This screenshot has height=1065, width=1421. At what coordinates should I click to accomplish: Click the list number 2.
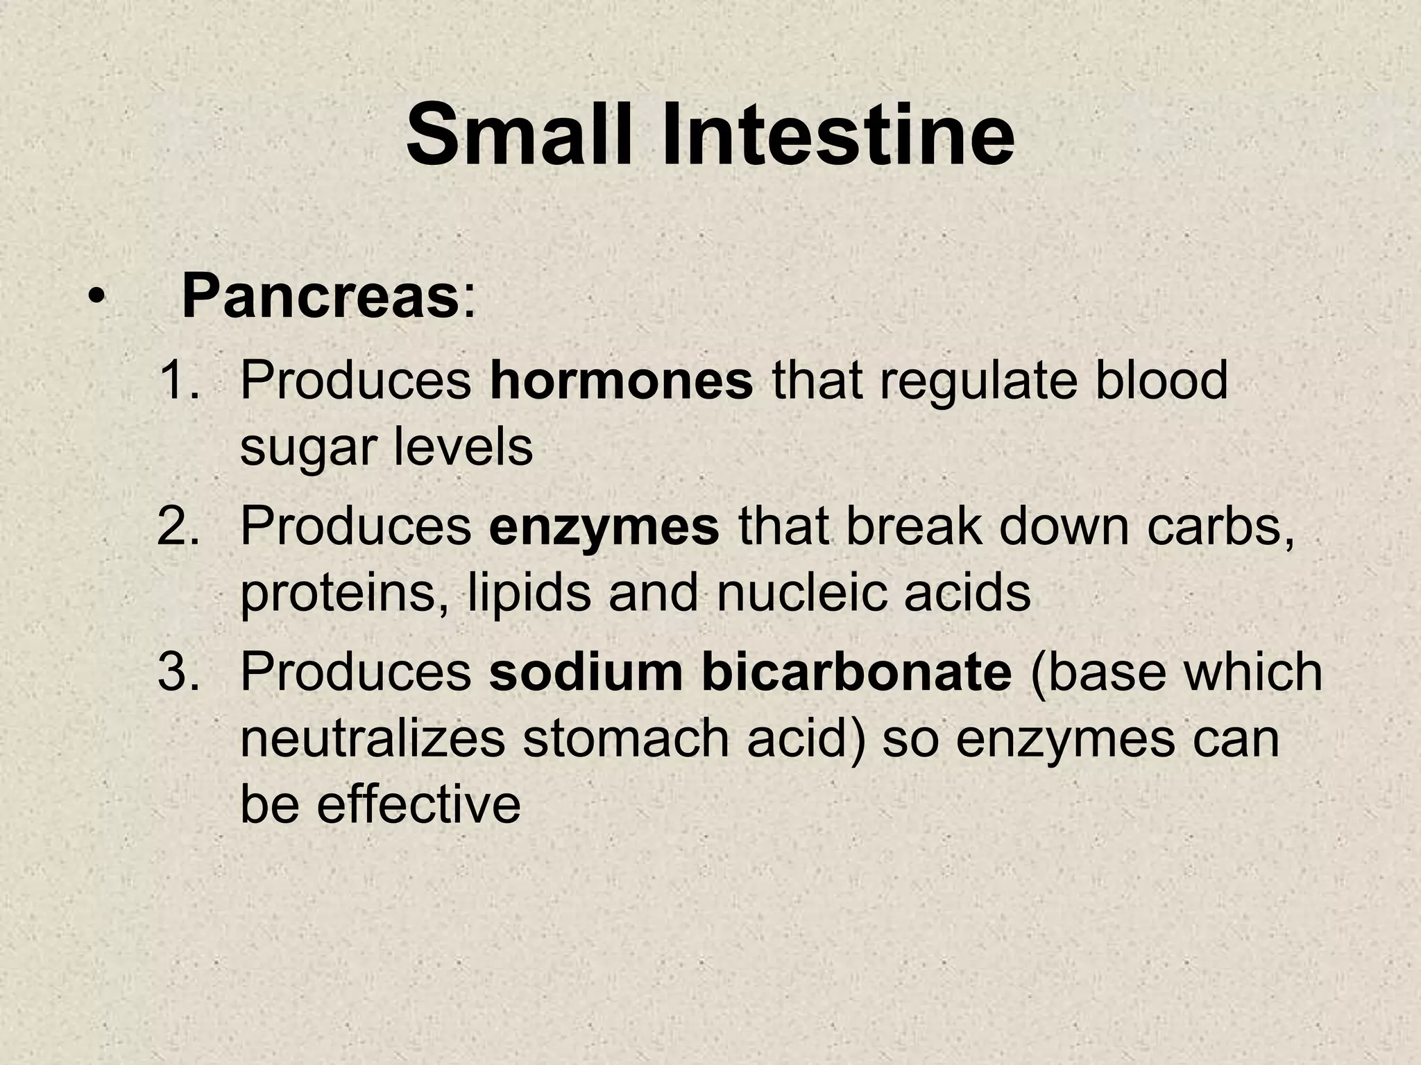click(178, 526)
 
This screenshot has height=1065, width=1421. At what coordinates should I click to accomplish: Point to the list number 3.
click(178, 672)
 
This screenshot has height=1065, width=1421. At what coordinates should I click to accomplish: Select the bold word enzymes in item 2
click(604, 526)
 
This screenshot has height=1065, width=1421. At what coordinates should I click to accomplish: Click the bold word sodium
click(586, 672)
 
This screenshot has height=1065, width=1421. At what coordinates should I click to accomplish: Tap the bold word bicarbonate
click(856, 672)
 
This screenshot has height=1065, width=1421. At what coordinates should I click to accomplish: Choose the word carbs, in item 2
click(1220, 526)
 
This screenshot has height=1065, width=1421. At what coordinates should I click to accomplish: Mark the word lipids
click(529, 593)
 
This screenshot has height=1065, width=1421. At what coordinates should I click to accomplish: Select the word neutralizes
click(373, 738)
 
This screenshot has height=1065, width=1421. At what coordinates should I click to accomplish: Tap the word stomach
click(625, 738)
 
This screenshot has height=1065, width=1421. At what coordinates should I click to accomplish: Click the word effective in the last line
click(419, 804)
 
